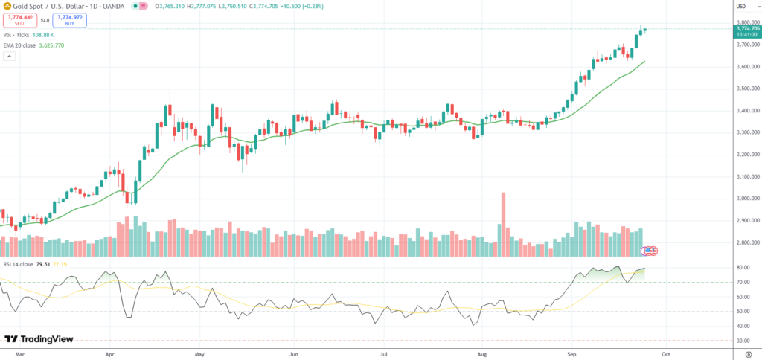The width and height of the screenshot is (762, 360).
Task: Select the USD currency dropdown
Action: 741,7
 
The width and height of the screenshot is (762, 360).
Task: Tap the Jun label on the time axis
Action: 293,355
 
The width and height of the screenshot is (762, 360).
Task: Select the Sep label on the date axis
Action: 571,355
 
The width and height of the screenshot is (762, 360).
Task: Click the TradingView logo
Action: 42,339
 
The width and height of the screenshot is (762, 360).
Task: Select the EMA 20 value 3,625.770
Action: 49,45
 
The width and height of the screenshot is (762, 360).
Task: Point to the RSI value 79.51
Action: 43,263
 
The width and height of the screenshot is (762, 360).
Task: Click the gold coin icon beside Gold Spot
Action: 7,7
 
